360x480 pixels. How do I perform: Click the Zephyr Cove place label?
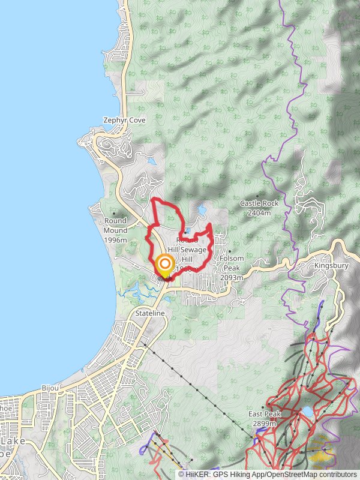(x=124, y=120)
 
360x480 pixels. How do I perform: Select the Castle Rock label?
(x=259, y=203)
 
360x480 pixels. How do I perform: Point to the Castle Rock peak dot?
(x=257, y=196)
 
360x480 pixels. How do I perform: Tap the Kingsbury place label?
(x=331, y=265)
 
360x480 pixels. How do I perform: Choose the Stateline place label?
(x=149, y=314)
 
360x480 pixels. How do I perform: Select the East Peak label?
(x=265, y=415)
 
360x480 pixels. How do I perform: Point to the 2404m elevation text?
(x=259, y=212)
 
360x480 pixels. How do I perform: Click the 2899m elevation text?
(x=265, y=424)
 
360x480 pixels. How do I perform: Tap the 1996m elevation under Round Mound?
(x=115, y=239)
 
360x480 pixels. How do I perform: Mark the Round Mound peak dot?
(x=115, y=213)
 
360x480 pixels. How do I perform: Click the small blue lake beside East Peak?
(x=307, y=412)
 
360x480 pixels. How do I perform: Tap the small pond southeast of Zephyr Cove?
(x=152, y=161)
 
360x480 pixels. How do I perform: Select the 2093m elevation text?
(x=232, y=277)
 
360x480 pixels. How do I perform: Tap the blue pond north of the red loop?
(x=201, y=210)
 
